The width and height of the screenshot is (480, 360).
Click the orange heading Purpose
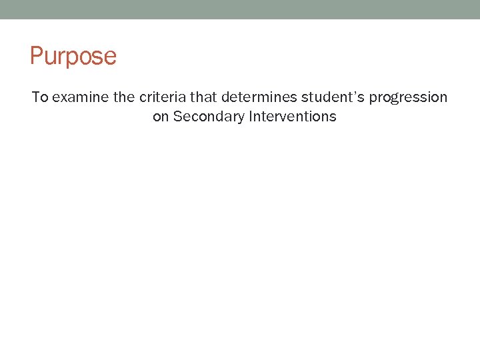pyautogui.click(x=73, y=56)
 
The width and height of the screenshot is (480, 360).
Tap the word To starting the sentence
pyautogui.click(x=40, y=97)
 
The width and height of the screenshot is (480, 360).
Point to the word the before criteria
pyautogui.click(x=124, y=97)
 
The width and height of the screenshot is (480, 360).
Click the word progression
pyautogui.click(x=408, y=98)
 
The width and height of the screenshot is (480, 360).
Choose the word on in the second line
pyautogui.click(x=161, y=117)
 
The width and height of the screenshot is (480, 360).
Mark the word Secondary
pyautogui.click(x=208, y=117)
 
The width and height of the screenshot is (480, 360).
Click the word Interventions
pyautogui.click(x=293, y=117)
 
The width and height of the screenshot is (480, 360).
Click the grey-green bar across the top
pyautogui.click(x=240, y=9)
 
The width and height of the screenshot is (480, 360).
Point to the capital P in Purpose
pyautogui.click(x=37, y=56)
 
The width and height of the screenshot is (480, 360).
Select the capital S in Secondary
pyautogui.click(x=177, y=117)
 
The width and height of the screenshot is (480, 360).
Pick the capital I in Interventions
pyautogui.click(x=251, y=117)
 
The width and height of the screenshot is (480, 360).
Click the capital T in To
pyautogui.click(x=36, y=97)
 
